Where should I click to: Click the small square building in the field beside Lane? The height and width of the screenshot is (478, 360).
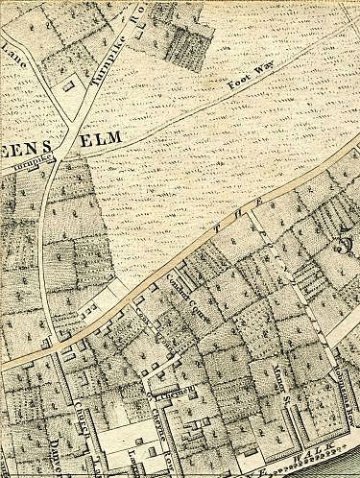pos(68,84)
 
